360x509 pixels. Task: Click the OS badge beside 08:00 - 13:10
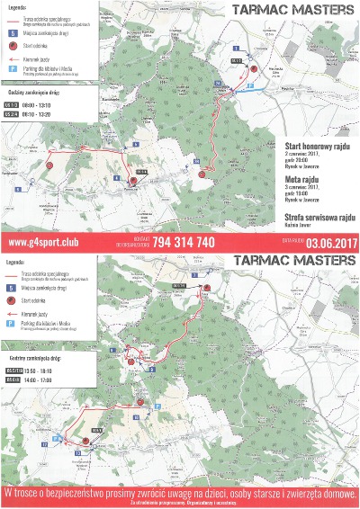click(x=12, y=103)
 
